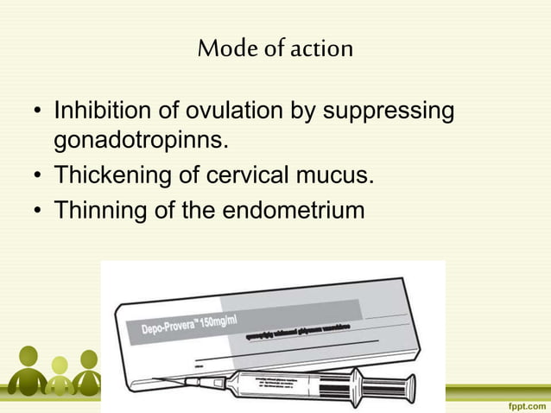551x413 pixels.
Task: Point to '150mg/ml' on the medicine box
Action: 226,315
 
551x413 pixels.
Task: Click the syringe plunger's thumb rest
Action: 410,385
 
